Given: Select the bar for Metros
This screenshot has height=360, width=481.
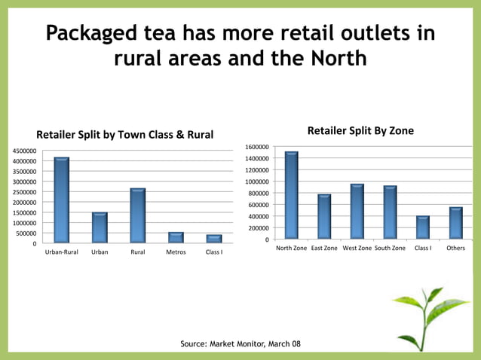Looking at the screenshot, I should [176, 237].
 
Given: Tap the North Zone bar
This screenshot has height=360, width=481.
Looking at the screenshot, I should [292, 196].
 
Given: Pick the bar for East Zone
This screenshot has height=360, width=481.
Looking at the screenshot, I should [324, 217].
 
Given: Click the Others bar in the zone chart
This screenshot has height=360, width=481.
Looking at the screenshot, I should [455, 224].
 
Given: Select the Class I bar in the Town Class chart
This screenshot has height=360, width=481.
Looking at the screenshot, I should [214, 239].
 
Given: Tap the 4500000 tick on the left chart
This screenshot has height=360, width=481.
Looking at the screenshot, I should [23, 151].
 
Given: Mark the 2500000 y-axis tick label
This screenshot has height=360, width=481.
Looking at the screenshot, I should [23, 192].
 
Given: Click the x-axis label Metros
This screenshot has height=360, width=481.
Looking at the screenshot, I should [176, 252].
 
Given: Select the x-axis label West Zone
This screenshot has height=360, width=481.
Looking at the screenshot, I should [357, 248].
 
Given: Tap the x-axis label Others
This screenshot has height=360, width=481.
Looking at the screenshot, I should [455, 248].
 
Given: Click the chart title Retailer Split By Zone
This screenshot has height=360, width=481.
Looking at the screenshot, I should [360, 131].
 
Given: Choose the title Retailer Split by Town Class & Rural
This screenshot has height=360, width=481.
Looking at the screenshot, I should [125, 136].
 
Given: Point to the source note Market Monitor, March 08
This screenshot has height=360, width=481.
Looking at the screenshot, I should [240, 344].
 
